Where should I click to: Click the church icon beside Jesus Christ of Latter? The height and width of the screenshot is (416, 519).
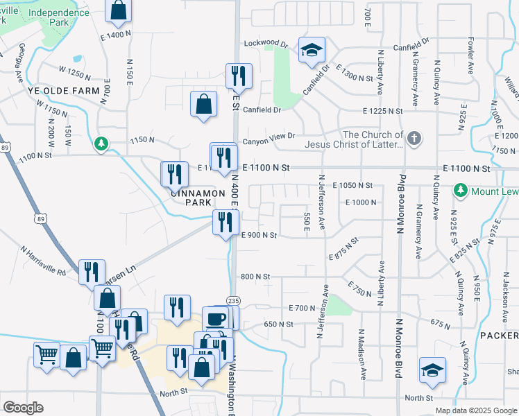(x=414, y=138)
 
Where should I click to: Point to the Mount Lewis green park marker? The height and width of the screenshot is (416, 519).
(x=459, y=189)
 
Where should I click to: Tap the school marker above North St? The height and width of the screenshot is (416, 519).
(x=432, y=370)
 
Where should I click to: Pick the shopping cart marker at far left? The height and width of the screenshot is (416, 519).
(x=46, y=354)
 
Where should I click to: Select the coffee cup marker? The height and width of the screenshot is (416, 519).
(x=215, y=319)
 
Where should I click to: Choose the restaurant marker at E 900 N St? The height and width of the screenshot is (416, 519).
(x=226, y=223)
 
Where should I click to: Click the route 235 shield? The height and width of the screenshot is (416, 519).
(x=233, y=300)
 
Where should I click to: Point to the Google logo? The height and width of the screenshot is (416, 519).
(x=22, y=408)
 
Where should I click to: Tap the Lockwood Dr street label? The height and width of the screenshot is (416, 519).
(x=265, y=44)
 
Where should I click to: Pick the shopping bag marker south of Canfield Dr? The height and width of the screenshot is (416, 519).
(x=203, y=105)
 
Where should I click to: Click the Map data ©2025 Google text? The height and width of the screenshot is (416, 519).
(x=476, y=410)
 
